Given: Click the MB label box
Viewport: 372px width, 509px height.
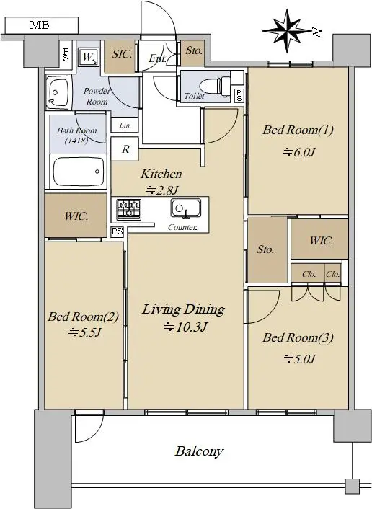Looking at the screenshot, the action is point(42,25).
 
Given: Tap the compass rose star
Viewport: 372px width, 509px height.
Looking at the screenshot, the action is point(287,31).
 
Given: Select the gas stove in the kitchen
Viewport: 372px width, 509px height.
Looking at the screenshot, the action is point(128,209).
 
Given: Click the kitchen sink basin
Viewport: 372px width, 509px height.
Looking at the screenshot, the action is point(185,208).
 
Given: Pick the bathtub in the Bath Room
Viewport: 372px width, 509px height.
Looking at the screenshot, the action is point(79,171).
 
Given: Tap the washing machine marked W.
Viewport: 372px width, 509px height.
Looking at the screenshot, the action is point(88,57).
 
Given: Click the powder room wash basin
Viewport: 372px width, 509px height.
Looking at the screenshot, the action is point(58,92).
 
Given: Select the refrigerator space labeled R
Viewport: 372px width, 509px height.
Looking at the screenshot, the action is point(125,149).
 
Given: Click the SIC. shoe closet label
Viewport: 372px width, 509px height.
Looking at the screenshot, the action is point(122,54).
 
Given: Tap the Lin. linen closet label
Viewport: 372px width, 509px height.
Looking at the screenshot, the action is point(125,125).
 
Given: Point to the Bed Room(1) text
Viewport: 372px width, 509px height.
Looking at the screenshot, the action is point(298,130).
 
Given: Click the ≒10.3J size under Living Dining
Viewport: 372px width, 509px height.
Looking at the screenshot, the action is point(185,327).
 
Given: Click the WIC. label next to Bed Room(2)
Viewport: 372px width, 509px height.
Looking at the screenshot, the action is point(76,216).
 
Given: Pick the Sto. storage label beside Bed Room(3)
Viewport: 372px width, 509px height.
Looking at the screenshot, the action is point(265,249).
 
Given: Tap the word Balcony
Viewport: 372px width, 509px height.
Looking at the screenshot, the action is point(199,451).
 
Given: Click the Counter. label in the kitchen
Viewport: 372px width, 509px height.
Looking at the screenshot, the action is point(182,227).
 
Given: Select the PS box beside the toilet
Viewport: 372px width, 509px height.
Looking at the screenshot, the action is point(239,95).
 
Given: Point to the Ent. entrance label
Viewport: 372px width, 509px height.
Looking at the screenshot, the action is point(157,58).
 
